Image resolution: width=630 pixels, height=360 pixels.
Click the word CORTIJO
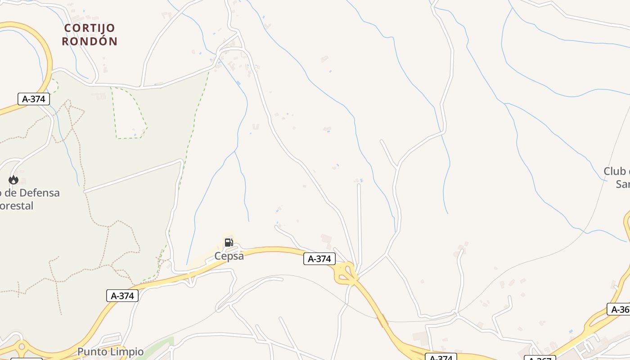tap(90, 28)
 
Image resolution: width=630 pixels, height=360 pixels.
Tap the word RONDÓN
tap(90, 41)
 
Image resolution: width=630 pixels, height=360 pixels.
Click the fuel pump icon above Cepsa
tap(229, 243)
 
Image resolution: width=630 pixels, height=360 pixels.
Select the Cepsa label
tap(229, 256)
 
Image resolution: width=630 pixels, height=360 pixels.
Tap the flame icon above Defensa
tap(13, 180)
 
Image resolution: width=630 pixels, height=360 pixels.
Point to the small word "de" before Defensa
tap(9, 193)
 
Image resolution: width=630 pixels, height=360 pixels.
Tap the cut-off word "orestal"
tap(17, 206)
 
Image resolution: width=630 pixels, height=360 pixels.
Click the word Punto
tap(93, 352)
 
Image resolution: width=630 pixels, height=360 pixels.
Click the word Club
tap(615, 171)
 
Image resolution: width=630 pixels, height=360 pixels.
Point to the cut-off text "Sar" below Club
tap(622, 184)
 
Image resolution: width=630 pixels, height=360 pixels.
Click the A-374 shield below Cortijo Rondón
tap(34, 99)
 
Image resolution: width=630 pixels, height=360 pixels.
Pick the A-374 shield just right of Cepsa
tap(319, 259)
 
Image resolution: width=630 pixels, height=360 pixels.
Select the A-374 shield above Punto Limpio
tap(122, 296)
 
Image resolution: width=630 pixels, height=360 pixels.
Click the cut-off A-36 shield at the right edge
tap(619, 310)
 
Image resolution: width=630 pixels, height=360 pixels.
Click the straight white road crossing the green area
tap(133, 176)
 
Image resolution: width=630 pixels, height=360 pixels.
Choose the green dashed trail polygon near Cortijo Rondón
tap(128, 112)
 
